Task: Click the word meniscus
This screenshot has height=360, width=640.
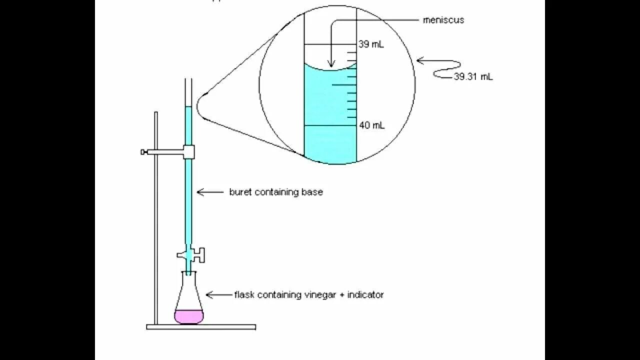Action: [x=443, y=20]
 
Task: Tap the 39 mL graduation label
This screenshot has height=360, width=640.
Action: [x=371, y=44]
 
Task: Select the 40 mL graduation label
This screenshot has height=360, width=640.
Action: [x=371, y=125]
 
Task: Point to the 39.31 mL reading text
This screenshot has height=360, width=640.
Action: [x=473, y=76]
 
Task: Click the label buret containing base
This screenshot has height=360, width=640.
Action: [x=275, y=192]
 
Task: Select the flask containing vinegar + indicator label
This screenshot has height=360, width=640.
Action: [x=308, y=295]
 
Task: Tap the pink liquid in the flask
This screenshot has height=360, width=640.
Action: [x=189, y=316]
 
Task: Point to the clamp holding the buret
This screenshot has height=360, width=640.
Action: [x=188, y=151]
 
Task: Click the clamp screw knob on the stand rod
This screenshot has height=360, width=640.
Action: [x=143, y=151]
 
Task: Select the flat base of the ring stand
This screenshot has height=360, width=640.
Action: [x=201, y=327]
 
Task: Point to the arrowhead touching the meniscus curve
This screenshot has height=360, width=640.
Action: [x=330, y=63]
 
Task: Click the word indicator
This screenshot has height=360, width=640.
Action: [x=365, y=295]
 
